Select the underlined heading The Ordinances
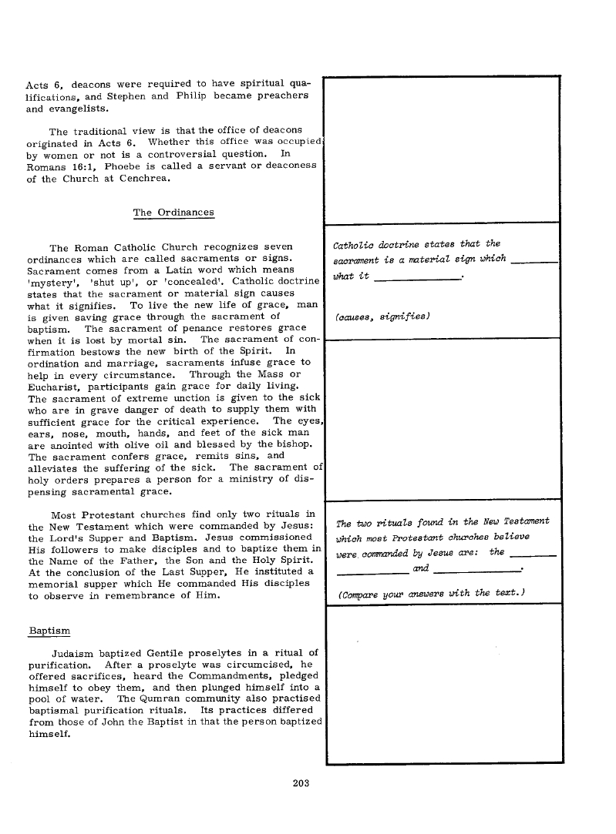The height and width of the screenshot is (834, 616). [x=173, y=212]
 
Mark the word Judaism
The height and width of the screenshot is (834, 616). [x=76, y=653]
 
